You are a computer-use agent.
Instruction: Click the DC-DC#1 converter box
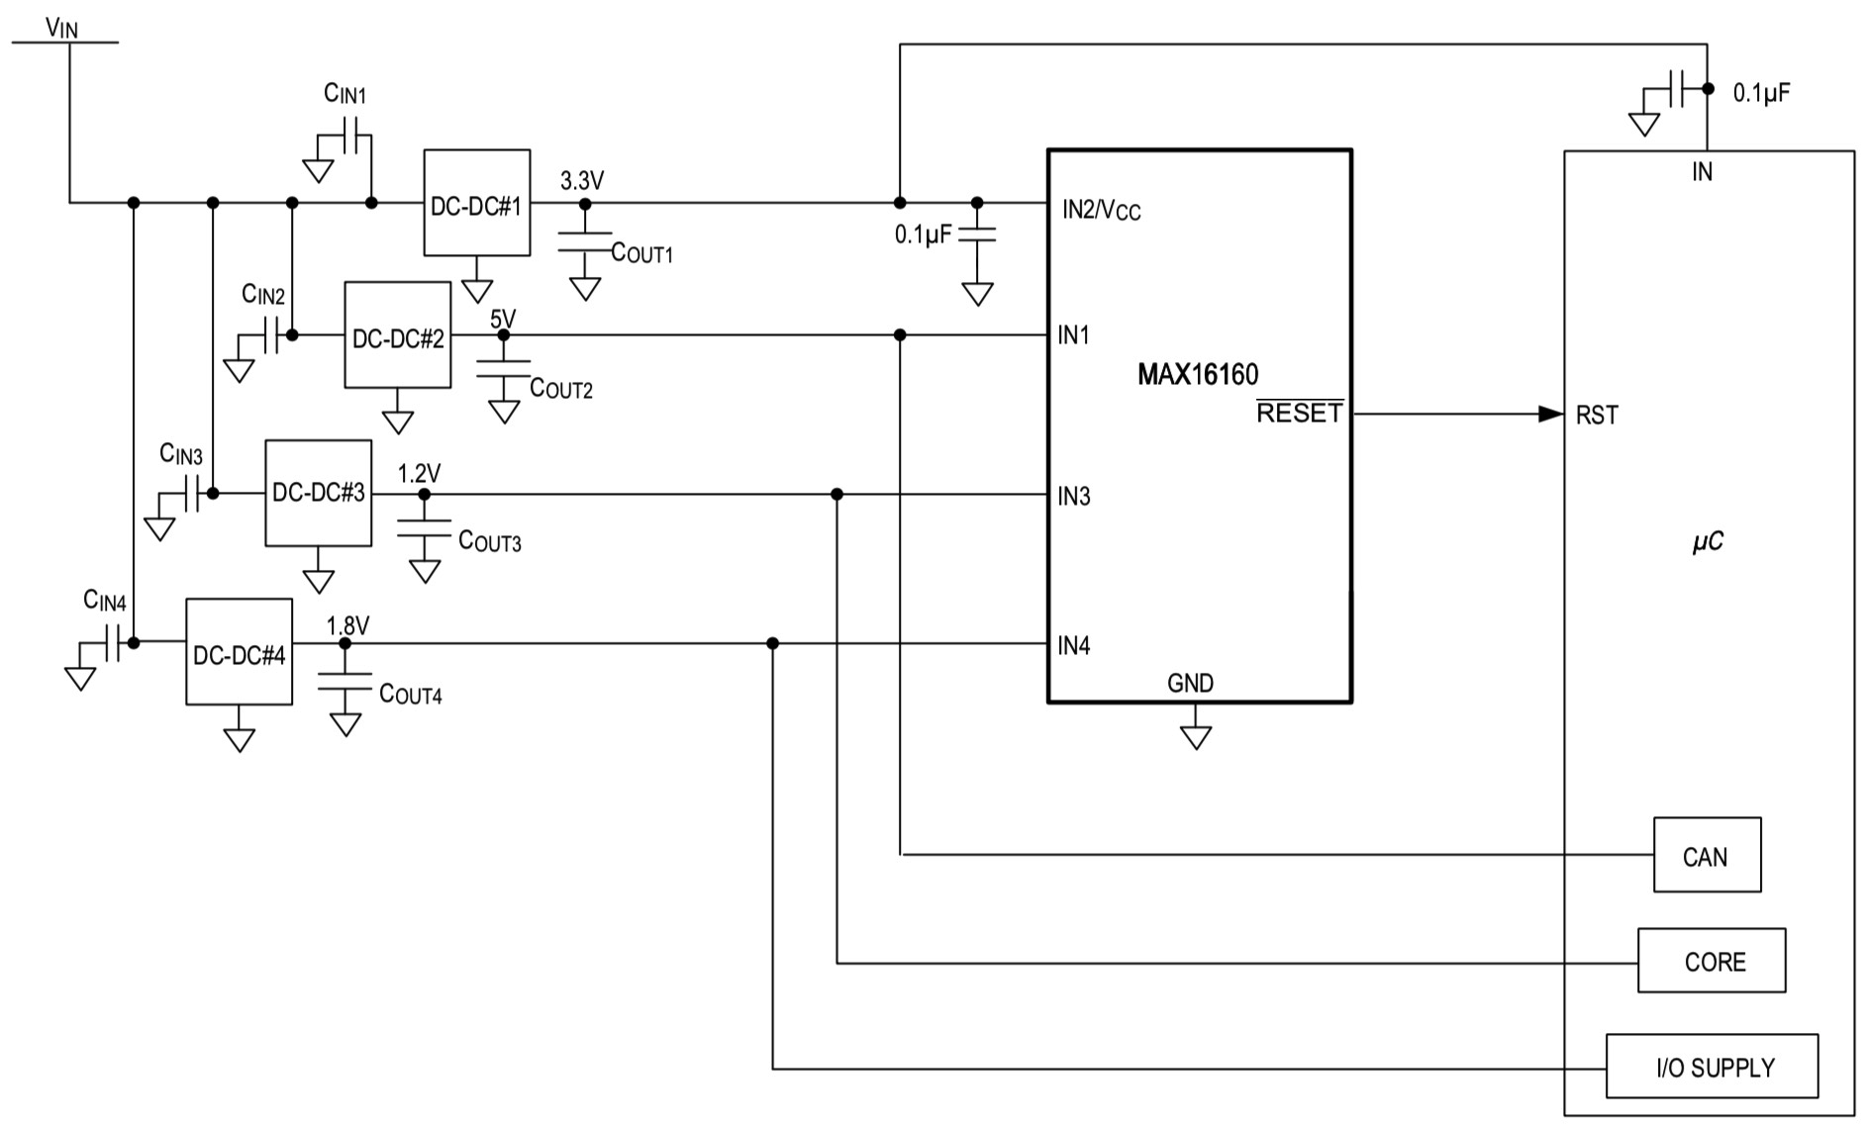[x=476, y=203]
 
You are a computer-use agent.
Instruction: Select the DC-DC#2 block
[x=397, y=335]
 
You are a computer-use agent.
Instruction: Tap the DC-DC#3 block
[x=318, y=493]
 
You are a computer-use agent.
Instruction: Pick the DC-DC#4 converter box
[x=239, y=652]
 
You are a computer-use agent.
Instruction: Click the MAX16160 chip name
[x=1198, y=375]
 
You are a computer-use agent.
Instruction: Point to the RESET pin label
[x=1299, y=414]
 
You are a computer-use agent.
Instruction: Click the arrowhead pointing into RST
[x=1550, y=414]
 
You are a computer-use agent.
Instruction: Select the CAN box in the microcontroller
[x=1706, y=855]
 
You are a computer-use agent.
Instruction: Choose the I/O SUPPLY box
[x=1711, y=1067]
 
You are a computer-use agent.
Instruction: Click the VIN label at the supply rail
[x=61, y=28]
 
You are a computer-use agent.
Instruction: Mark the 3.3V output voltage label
[x=581, y=181]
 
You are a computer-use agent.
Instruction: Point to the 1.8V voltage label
[x=347, y=625]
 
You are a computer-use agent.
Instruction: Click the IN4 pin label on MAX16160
[x=1073, y=646]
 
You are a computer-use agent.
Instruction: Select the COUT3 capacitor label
[x=489, y=541]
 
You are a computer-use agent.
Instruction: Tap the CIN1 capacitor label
[x=344, y=94]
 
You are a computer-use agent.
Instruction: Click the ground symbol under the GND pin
[x=1196, y=737]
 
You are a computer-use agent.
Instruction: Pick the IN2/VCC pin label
[x=1101, y=210]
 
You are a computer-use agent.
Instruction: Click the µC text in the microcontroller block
[x=1708, y=541]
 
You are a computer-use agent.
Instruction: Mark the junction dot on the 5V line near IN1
[x=900, y=335]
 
